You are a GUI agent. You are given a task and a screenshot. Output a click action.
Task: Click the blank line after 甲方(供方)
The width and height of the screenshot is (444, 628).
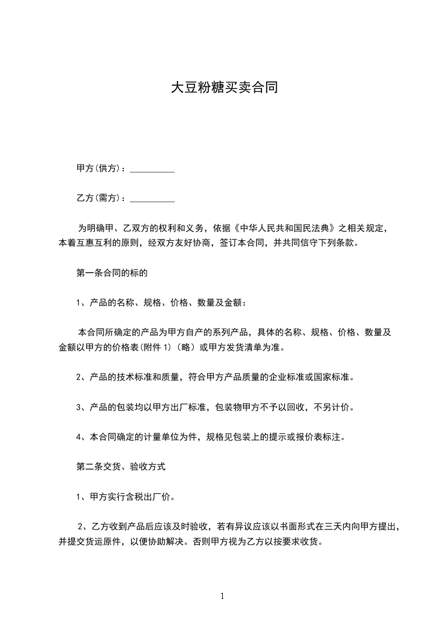(152, 168)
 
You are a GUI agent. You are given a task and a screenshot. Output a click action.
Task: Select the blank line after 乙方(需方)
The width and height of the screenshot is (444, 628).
(152, 198)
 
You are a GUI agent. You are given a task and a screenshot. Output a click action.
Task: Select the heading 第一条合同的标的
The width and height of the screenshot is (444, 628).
(111, 273)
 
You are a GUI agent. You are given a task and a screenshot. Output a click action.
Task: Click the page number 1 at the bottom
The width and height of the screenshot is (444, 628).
(222, 596)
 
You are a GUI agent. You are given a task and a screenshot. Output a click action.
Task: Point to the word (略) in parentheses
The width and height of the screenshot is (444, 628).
(185, 348)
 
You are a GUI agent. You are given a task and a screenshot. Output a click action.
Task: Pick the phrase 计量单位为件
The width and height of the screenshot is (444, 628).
(172, 437)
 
